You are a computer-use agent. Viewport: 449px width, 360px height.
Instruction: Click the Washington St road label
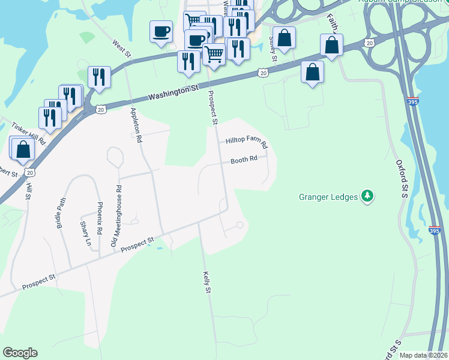(173, 93)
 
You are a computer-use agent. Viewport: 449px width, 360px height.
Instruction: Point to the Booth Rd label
(244, 160)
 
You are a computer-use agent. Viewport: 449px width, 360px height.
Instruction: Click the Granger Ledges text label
(328, 196)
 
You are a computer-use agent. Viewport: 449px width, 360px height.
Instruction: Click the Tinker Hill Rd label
(29, 133)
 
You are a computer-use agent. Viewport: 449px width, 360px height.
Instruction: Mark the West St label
(121, 49)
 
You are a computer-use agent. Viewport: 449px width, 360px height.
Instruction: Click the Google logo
(20, 353)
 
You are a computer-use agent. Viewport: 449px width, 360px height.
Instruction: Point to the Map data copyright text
(424, 355)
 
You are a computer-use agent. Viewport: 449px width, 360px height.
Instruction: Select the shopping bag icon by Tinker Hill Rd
(23, 150)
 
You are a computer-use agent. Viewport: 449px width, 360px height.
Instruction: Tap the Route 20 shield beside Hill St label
(30, 172)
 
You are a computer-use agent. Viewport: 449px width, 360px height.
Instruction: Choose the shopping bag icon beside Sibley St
(285, 38)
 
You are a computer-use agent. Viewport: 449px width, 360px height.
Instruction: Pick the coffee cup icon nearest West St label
(161, 31)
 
